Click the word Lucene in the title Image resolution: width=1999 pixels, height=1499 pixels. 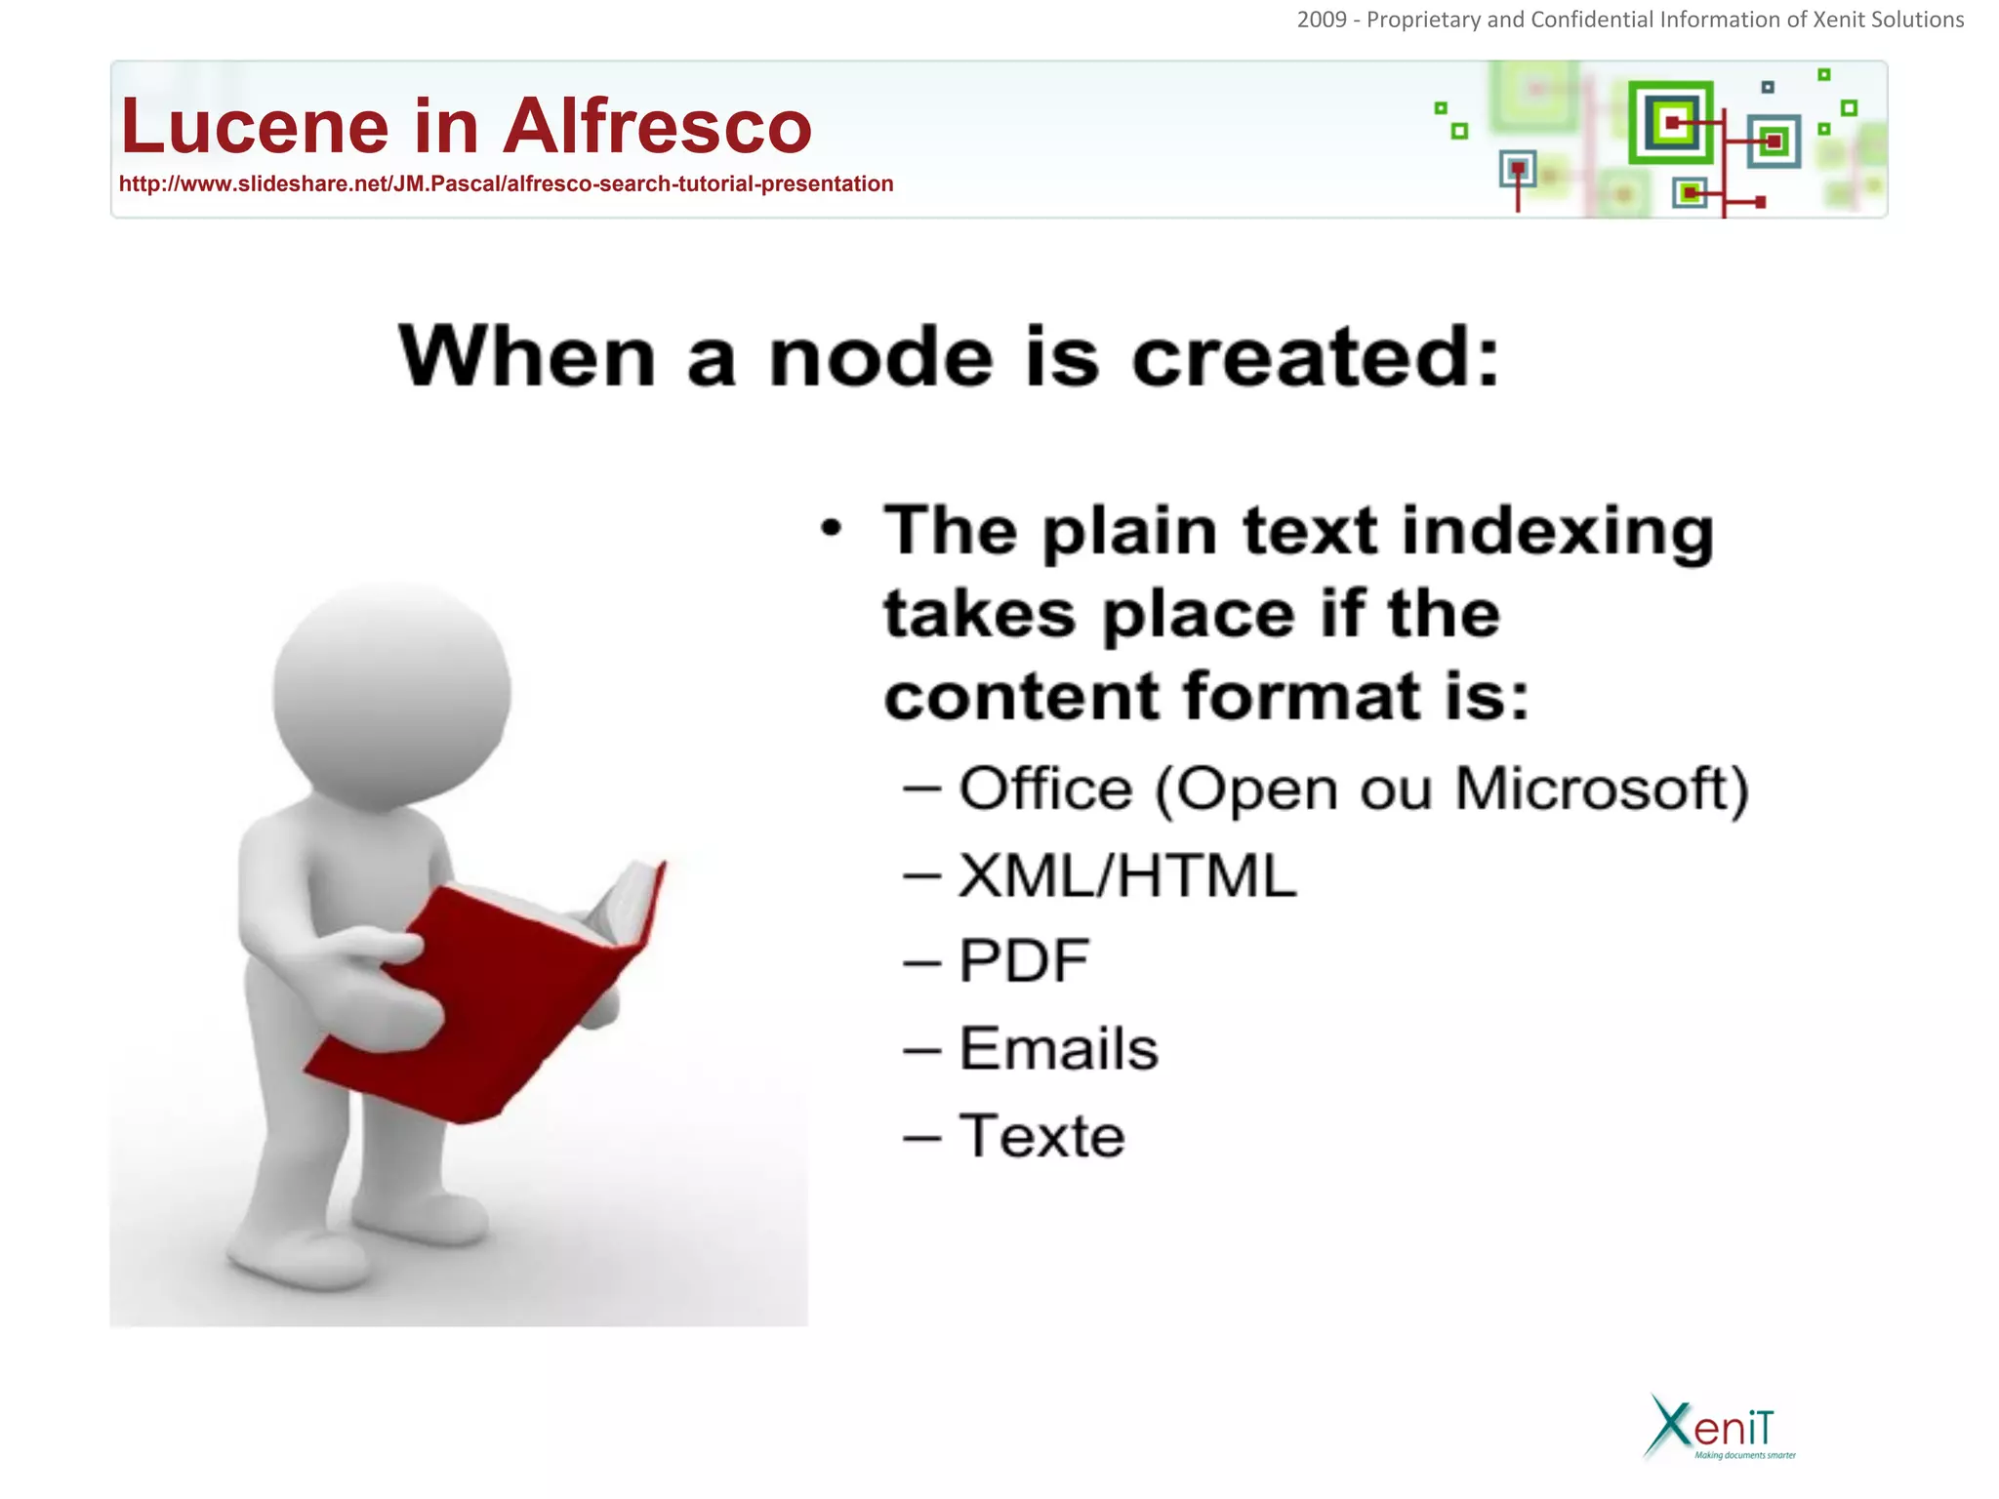(255, 127)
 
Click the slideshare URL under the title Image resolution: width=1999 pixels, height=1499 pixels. (506, 184)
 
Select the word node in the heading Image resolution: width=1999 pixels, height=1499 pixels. (881, 357)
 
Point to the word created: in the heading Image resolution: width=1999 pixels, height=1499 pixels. (1316, 357)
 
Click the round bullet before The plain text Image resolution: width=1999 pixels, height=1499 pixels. (831, 529)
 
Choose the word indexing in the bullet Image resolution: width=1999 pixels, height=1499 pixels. (1558, 533)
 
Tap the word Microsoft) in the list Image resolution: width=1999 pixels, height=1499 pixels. (1602, 789)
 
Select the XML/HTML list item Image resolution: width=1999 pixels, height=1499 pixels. (1127, 875)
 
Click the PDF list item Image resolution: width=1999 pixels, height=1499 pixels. (1024, 961)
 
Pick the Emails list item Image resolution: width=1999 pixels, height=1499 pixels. (1059, 1049)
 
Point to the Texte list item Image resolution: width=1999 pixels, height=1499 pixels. (1041, 1137)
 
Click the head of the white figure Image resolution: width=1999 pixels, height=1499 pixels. (391, 693)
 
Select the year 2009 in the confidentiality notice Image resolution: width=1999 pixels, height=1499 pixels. (1322, 20)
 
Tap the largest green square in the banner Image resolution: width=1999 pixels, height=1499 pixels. (1671, 123)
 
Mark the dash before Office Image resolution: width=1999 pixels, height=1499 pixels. (921, 789)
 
